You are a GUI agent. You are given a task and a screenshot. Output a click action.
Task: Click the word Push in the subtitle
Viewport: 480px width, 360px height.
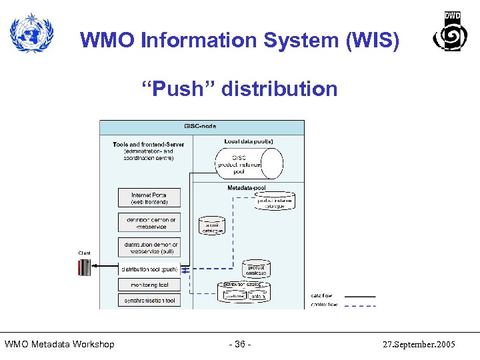(x=178, y=89)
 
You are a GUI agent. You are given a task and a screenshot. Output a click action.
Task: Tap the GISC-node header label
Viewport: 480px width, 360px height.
(x=200, y=126)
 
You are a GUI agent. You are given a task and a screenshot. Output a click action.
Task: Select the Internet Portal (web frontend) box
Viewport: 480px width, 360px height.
(x=149, y=198)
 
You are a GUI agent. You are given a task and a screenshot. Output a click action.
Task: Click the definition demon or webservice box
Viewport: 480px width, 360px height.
(x=149, y=223)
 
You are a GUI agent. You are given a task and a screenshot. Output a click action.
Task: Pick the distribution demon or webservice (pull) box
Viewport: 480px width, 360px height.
(x=149, y=248)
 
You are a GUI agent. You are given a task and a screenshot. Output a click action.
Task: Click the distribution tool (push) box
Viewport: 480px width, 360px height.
(x=149, y=269)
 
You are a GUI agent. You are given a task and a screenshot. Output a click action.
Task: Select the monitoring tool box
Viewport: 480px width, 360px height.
(x=149, y=285)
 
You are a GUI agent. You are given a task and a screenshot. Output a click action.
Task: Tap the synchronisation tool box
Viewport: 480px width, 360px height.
(x=149, y=301)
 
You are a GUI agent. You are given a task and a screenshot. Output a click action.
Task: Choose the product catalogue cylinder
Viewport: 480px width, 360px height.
(x=256, y=269)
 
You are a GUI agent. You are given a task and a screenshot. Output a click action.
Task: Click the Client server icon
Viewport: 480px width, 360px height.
(x=84, y=267)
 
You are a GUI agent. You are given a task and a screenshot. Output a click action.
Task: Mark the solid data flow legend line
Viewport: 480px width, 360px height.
(x=360, y=296)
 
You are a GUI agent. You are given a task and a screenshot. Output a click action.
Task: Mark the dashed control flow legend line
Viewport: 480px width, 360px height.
(x=360, y=305)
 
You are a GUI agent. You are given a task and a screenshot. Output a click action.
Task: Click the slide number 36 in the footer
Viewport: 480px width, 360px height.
(x=239, y=344)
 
